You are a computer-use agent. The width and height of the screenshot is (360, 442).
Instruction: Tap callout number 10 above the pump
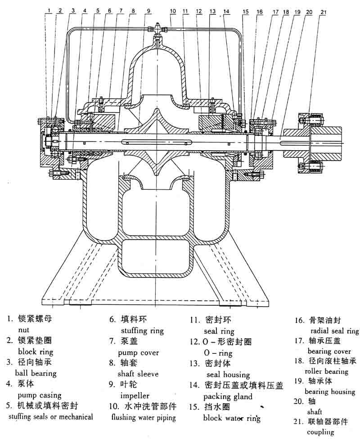click(x=173, y=10)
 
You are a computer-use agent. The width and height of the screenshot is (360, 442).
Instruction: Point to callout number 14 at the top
click(x=226, y=11)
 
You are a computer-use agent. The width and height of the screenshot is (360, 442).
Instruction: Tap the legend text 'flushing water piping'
click(x=143, y=417)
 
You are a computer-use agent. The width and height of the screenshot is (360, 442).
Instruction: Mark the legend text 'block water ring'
click(x=231, y=418)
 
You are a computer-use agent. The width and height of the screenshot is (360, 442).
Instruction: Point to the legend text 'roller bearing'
click(x=326, y=371)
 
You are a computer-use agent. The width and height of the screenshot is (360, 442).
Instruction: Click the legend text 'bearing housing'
click(x=330, y=392)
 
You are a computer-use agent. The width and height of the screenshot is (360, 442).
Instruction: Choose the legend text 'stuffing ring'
click(x=142, y=331)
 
